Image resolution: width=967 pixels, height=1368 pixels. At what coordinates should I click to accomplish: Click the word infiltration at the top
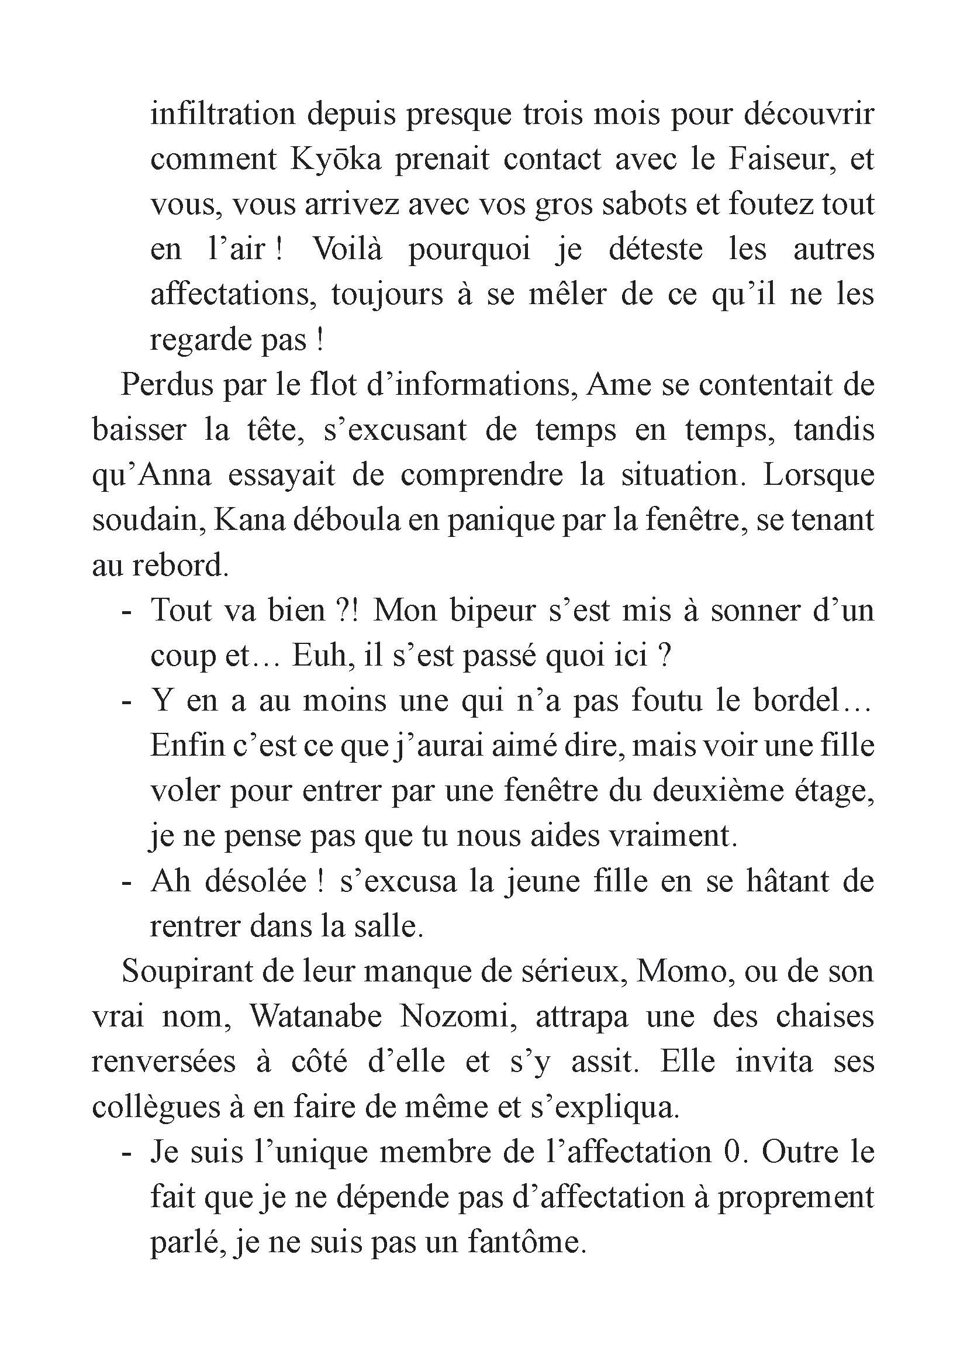223,113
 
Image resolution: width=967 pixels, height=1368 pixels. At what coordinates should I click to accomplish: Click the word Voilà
347,249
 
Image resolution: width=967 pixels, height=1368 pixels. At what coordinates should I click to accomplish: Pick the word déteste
655,249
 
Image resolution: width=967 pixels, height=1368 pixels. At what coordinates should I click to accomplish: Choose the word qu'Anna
152,475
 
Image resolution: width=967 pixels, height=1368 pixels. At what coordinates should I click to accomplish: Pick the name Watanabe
316,1016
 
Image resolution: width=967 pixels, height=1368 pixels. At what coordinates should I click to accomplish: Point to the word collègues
155,1107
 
